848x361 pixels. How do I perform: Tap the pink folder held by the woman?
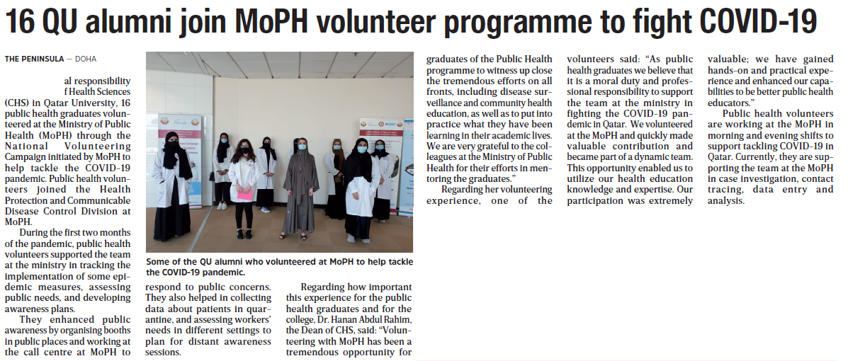[244, 195]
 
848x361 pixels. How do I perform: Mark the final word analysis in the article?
[725, 200]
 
